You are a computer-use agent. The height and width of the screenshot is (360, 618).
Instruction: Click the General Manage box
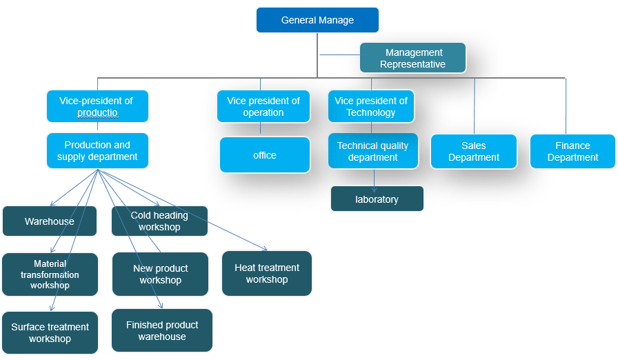(317, 20)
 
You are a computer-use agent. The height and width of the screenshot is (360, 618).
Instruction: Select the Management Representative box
(412, 58)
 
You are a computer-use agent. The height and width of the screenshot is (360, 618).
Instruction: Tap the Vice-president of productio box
(97, 106)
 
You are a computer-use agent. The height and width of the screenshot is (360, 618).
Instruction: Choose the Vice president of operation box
(263, 106)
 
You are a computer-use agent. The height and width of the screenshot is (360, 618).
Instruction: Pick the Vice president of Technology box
(371, 106)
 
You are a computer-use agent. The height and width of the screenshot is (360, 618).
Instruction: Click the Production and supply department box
(97, 150)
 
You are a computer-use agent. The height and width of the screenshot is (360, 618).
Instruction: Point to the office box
(265, 155)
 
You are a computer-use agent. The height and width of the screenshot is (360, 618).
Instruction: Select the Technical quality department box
(372, 151)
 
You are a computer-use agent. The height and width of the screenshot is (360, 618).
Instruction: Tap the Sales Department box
(474, 151)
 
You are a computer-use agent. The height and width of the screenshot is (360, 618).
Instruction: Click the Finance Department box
(572, 151)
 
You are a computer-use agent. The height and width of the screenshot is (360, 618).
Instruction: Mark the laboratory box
(377, 199)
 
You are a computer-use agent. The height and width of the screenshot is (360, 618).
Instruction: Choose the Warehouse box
(50, 221)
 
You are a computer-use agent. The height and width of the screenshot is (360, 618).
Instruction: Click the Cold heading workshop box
(159, 221)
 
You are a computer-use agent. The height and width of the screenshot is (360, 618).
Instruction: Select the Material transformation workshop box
(50, 274)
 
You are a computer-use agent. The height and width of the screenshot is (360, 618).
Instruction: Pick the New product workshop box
(160, 274)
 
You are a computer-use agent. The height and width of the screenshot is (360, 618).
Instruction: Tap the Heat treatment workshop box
(267, 273)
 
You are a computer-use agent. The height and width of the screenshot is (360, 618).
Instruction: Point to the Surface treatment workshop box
(50, 332)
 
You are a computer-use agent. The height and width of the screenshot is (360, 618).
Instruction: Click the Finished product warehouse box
(162, 330)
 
